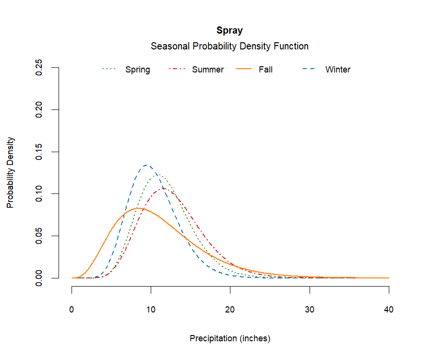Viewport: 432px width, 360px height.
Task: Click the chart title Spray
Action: [229, 31]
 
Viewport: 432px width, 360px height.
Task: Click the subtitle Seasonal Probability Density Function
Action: [229, 47]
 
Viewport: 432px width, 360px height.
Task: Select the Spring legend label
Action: [138, 70]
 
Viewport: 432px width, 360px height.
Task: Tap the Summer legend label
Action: [208, 70]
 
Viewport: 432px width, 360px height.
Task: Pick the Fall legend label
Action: [265, 70]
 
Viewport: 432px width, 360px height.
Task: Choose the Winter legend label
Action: [338, 70]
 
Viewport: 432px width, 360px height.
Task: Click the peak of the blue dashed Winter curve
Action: [146, 165]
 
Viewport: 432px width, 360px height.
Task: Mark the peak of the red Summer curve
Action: [164, 189]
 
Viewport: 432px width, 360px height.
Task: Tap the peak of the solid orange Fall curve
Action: [137, 208]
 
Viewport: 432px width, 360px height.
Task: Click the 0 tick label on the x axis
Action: [72, 310]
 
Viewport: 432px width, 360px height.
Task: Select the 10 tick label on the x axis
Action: [151, 310]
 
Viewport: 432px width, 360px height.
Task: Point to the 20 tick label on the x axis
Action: [230, 310]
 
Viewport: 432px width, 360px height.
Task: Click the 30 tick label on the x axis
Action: [310, 310]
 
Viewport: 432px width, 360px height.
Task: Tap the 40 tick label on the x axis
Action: [389, 310]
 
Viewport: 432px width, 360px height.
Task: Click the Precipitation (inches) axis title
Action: [230, 338]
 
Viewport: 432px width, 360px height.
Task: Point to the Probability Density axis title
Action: [10, 173]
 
